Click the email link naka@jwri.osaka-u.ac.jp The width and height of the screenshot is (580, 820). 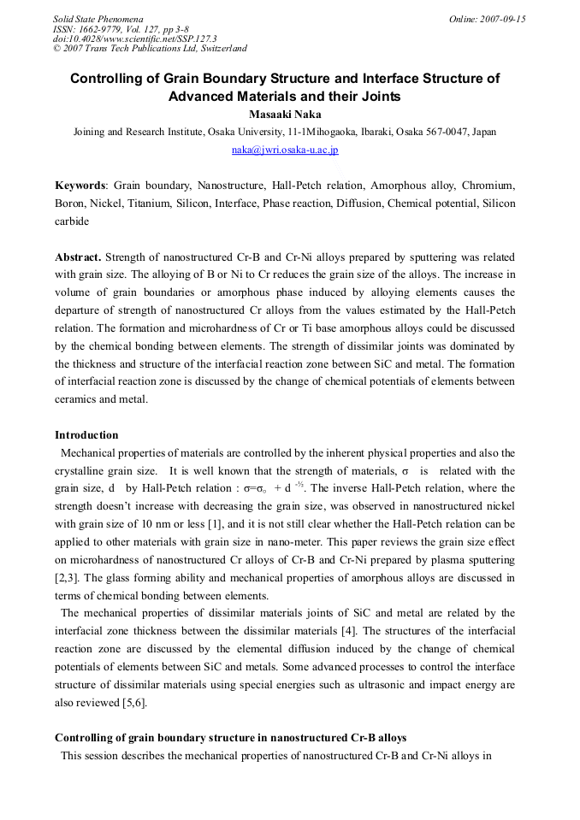[x=285, y=150]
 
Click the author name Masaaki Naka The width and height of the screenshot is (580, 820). [x=285, y=115]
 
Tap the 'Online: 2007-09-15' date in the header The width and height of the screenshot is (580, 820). [x=487, y=19]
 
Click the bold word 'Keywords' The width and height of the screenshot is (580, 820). [x=80, y=185]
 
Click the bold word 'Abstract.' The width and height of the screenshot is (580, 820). [x=79, y=257]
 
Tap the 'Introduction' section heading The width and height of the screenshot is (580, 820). [x=86, y=435]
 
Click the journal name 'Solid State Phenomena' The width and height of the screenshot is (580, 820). [x=98, y=19]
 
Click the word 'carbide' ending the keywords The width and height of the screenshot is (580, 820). [x=72, y=221]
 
